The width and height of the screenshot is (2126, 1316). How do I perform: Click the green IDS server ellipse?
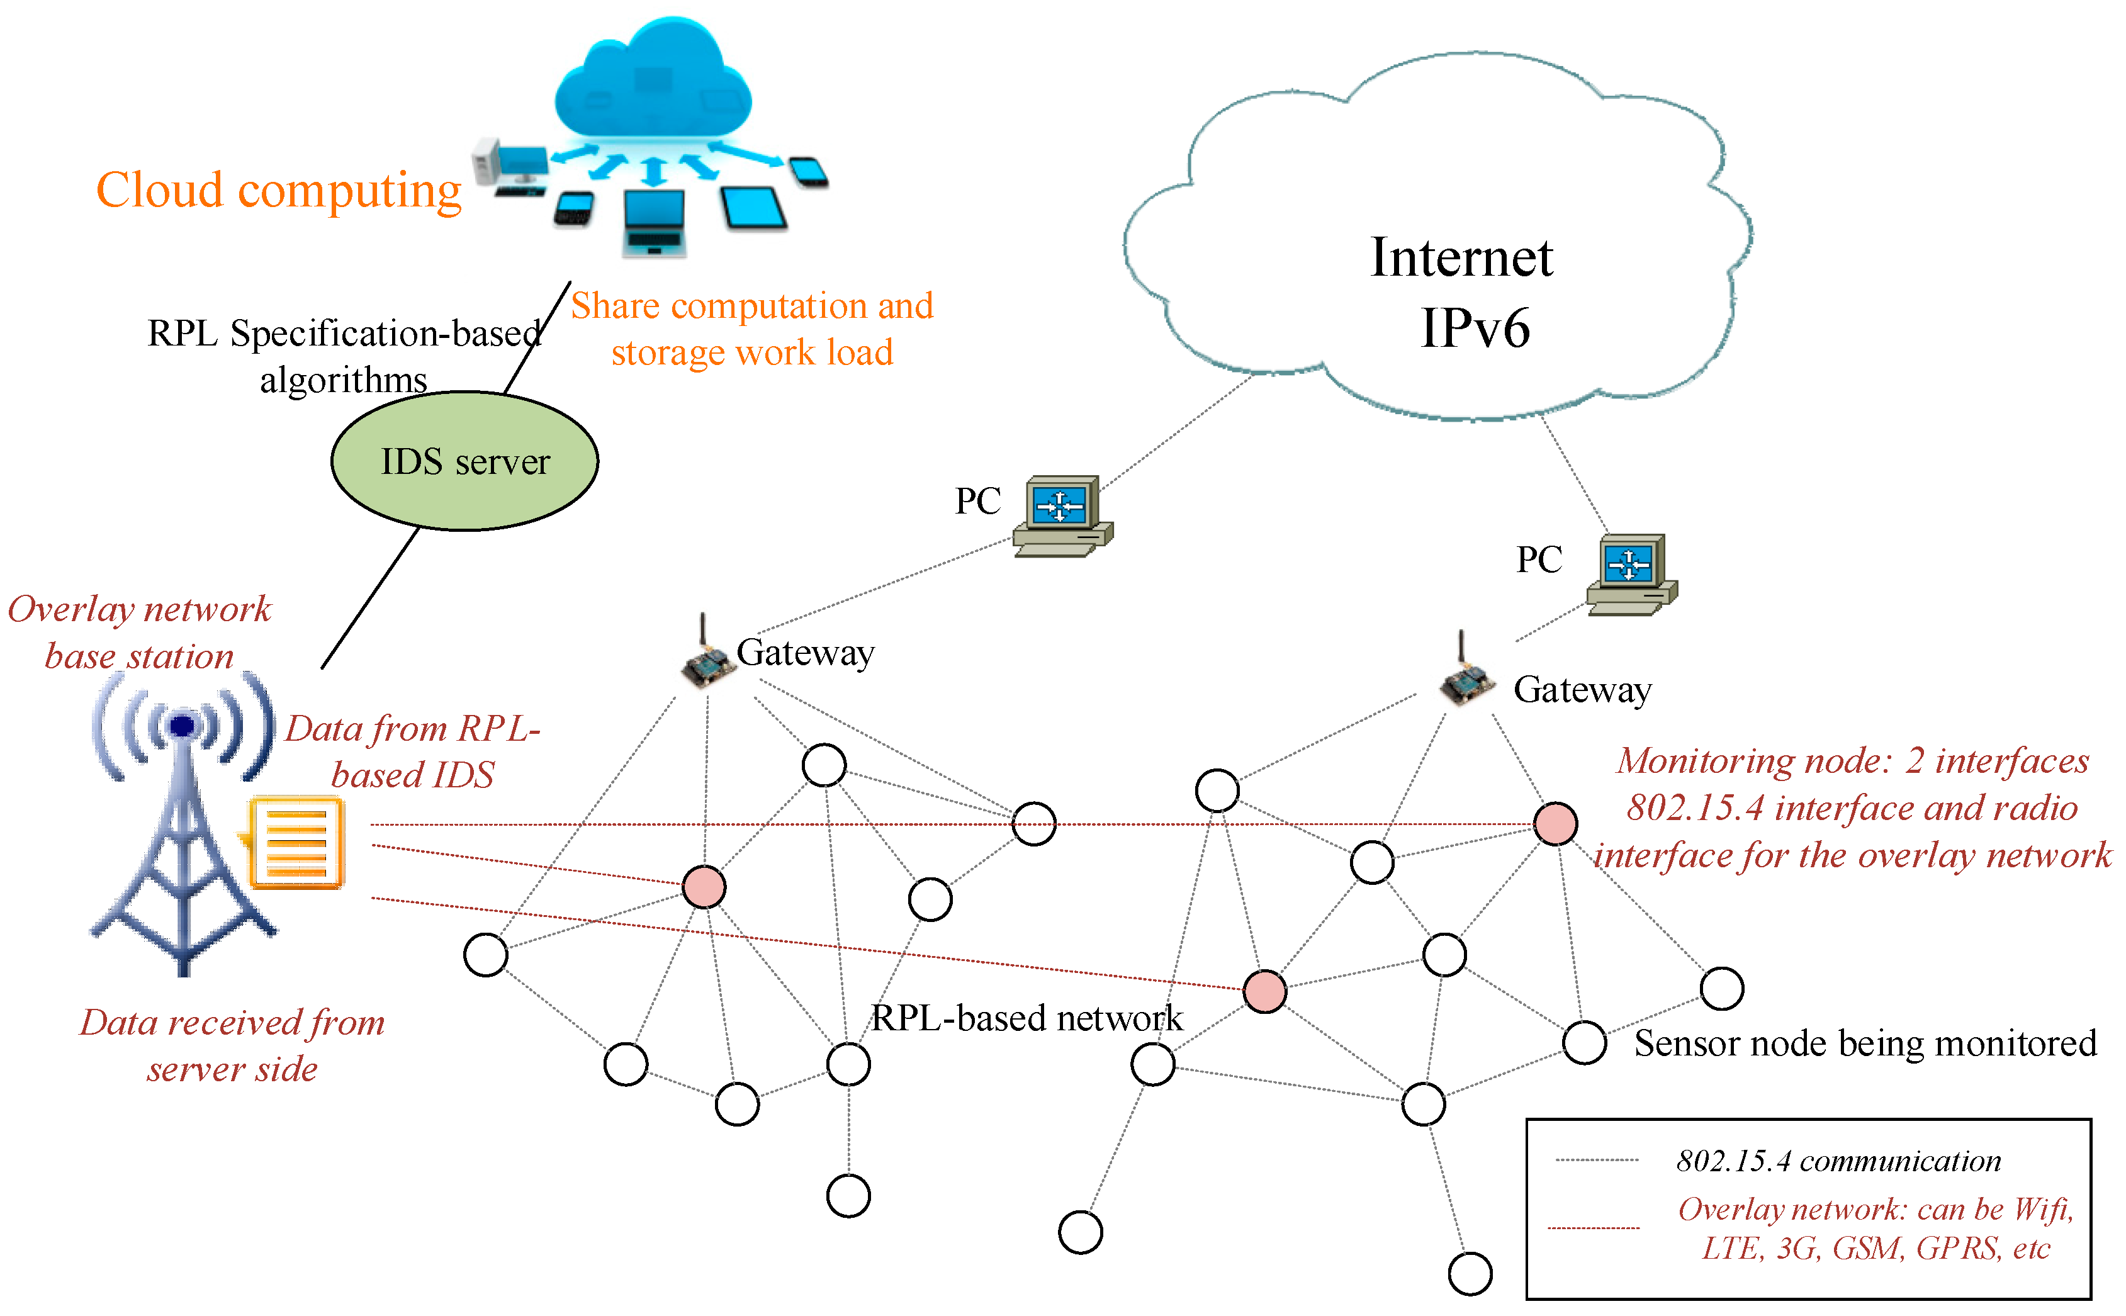coord(464,461)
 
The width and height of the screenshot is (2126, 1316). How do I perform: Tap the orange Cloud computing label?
coord(278,191)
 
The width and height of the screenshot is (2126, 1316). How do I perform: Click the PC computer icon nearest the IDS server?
coord(1062,516)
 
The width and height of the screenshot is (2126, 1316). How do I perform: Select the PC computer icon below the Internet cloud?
coord(1632,575)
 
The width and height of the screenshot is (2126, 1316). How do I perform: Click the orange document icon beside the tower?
coord(294,843)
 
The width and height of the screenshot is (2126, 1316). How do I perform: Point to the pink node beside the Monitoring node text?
coord(1555,823)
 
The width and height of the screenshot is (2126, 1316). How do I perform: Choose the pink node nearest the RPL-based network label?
coord(1264,991)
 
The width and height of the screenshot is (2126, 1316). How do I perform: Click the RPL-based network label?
coord(1027,1018)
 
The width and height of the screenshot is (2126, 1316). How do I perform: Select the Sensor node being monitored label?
coord(1865,1043)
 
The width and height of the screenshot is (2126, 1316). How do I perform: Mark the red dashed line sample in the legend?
coord(1594,1228)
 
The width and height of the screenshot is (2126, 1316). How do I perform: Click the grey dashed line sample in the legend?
coord(1596,1159)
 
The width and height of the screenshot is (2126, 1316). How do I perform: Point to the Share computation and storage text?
coord(752,329)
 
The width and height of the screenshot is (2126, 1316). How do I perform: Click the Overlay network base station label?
coord(139,632)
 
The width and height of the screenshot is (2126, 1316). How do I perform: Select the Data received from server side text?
coord(232,1045)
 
